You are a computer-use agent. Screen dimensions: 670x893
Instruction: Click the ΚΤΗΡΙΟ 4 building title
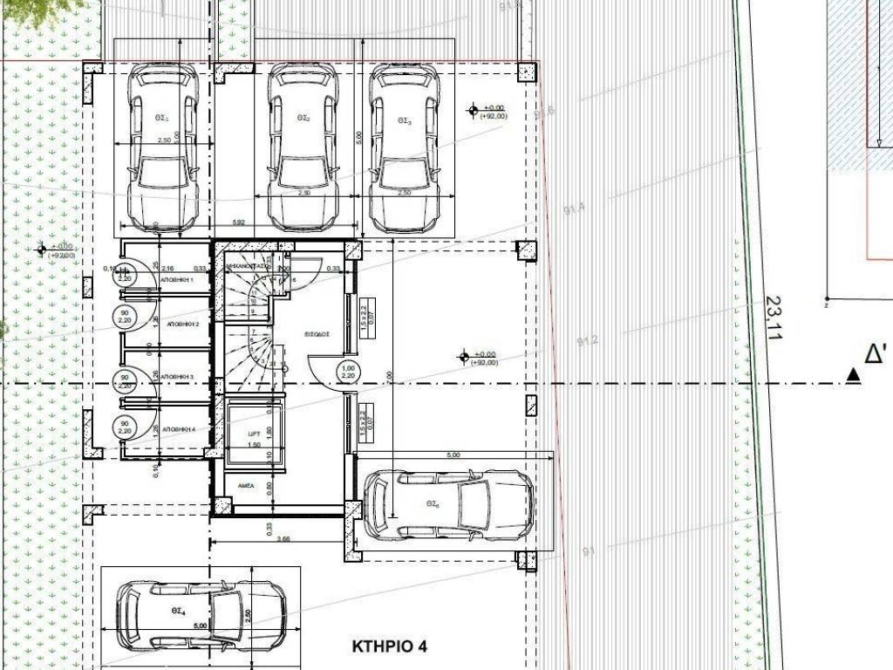390,647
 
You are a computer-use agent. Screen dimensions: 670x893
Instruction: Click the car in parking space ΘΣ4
201,615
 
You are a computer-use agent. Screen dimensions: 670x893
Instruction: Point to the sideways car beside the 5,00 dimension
447,505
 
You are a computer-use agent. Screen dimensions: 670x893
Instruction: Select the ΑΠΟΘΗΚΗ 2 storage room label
183,324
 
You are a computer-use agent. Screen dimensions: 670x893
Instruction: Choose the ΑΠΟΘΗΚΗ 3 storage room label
183,377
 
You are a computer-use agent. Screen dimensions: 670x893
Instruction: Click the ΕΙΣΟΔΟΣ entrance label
317,333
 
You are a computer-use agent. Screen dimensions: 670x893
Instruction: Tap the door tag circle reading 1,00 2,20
349,373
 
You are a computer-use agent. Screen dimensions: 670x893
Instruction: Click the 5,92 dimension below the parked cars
238,223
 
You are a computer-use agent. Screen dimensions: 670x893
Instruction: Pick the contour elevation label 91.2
589,340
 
